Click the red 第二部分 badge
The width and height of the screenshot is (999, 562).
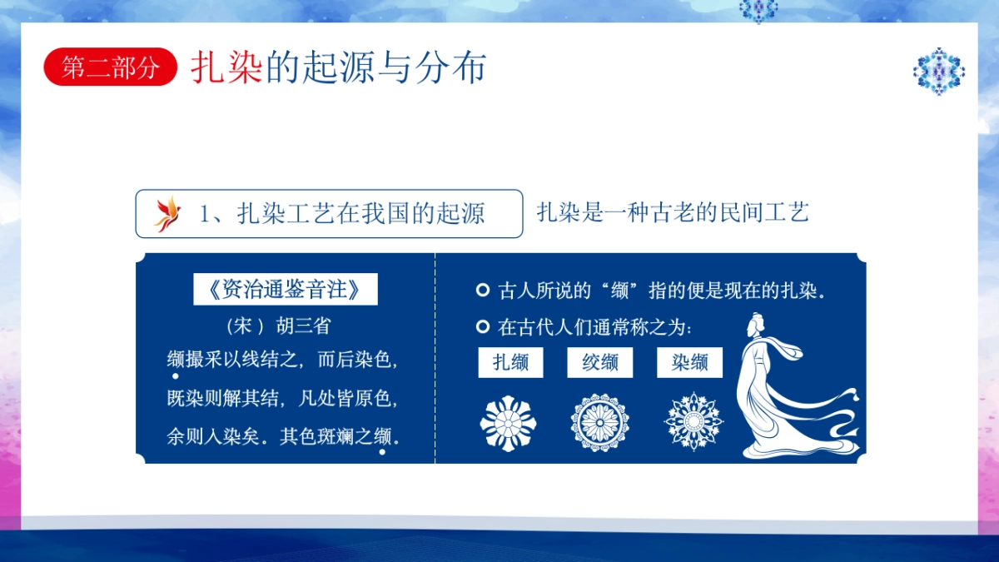pos(110,67)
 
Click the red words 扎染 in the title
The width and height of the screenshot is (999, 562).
pos(226,67)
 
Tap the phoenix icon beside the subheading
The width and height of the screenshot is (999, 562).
pos(167,214)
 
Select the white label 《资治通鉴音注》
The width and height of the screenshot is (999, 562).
pos(286,289)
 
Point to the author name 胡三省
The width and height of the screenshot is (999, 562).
pos(303,326)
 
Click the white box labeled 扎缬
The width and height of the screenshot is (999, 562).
pos(510,362)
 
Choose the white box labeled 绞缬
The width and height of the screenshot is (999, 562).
pos(600,362)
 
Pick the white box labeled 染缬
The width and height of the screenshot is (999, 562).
pos(689,362)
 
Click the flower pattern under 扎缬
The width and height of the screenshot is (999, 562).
pos(508,423)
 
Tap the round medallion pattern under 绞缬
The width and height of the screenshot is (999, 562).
pos(600,423)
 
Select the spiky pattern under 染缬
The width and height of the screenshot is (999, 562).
pos(693,422)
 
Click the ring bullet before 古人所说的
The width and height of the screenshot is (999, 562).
pos(483,290)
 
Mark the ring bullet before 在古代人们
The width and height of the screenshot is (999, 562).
pos(483,327)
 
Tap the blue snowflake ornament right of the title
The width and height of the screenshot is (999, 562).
pos(939,72)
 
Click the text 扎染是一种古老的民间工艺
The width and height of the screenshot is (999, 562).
pos(673,212)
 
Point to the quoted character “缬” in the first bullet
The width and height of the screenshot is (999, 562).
pos(620,291)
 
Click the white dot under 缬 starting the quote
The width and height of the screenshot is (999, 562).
pos(176,376)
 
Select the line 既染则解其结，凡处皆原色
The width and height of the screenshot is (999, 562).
pos(282,398)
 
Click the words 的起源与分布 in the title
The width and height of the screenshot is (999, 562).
pos(375,67)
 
